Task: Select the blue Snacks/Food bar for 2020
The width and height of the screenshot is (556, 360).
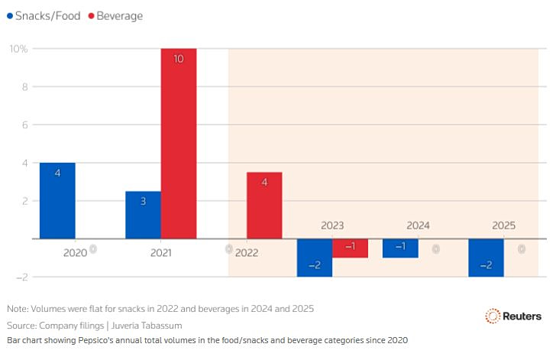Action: (x=57, y=200)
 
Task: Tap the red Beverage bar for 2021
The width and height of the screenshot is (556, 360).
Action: (x=178, y=144)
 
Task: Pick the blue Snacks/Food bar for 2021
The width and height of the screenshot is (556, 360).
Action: (x=143, y=215)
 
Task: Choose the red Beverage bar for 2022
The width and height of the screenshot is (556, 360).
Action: (x=264, y=206)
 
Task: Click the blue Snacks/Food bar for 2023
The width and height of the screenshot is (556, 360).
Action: (x=314, y=258)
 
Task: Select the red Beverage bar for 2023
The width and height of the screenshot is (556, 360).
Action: (x=350, y=248)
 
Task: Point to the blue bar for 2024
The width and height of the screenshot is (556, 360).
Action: (x=399, y=248)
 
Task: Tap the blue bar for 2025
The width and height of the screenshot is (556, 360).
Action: (x=485, y=258)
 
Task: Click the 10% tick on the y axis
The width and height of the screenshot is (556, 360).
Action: (x=18, y=49)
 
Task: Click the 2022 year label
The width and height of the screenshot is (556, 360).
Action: (x=247, y=252)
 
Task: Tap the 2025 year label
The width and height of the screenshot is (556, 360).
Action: (x=503, y=225)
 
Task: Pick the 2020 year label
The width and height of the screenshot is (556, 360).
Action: (x=75, y=252)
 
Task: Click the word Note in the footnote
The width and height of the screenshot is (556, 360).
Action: (x=17, y=309)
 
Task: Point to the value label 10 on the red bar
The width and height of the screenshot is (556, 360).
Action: (x=178, y=59)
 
